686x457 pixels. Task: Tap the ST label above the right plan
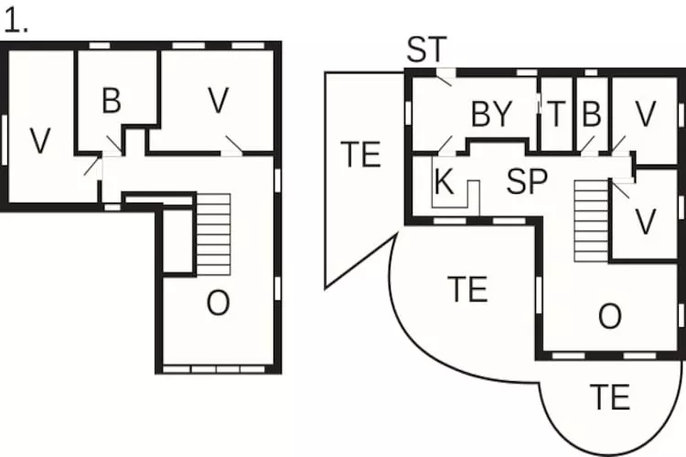click(426, 49)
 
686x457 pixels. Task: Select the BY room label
click(491, 114)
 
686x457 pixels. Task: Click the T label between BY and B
click(556, 114)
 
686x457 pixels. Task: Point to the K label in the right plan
click(444, 181)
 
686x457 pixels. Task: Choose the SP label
click(527, 181)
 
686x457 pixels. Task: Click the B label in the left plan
click(111, 101)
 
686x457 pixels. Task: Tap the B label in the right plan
click(592, 114)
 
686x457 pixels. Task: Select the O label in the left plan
click(218, 303)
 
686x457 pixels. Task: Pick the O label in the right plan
click(610, 316)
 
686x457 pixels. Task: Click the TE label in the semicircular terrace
click(610, 397)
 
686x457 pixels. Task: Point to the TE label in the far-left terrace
click(360, 154)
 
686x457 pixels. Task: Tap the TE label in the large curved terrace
click(467, 290)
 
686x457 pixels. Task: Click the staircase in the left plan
click(213, 234)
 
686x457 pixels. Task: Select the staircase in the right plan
click(592, 221)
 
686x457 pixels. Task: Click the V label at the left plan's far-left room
click(40, 141)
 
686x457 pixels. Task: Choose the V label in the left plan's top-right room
click(219, 101)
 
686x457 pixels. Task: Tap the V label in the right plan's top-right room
click(646, 114)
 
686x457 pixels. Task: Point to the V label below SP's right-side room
click(646, 222)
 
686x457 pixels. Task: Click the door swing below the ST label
click(445, 80)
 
